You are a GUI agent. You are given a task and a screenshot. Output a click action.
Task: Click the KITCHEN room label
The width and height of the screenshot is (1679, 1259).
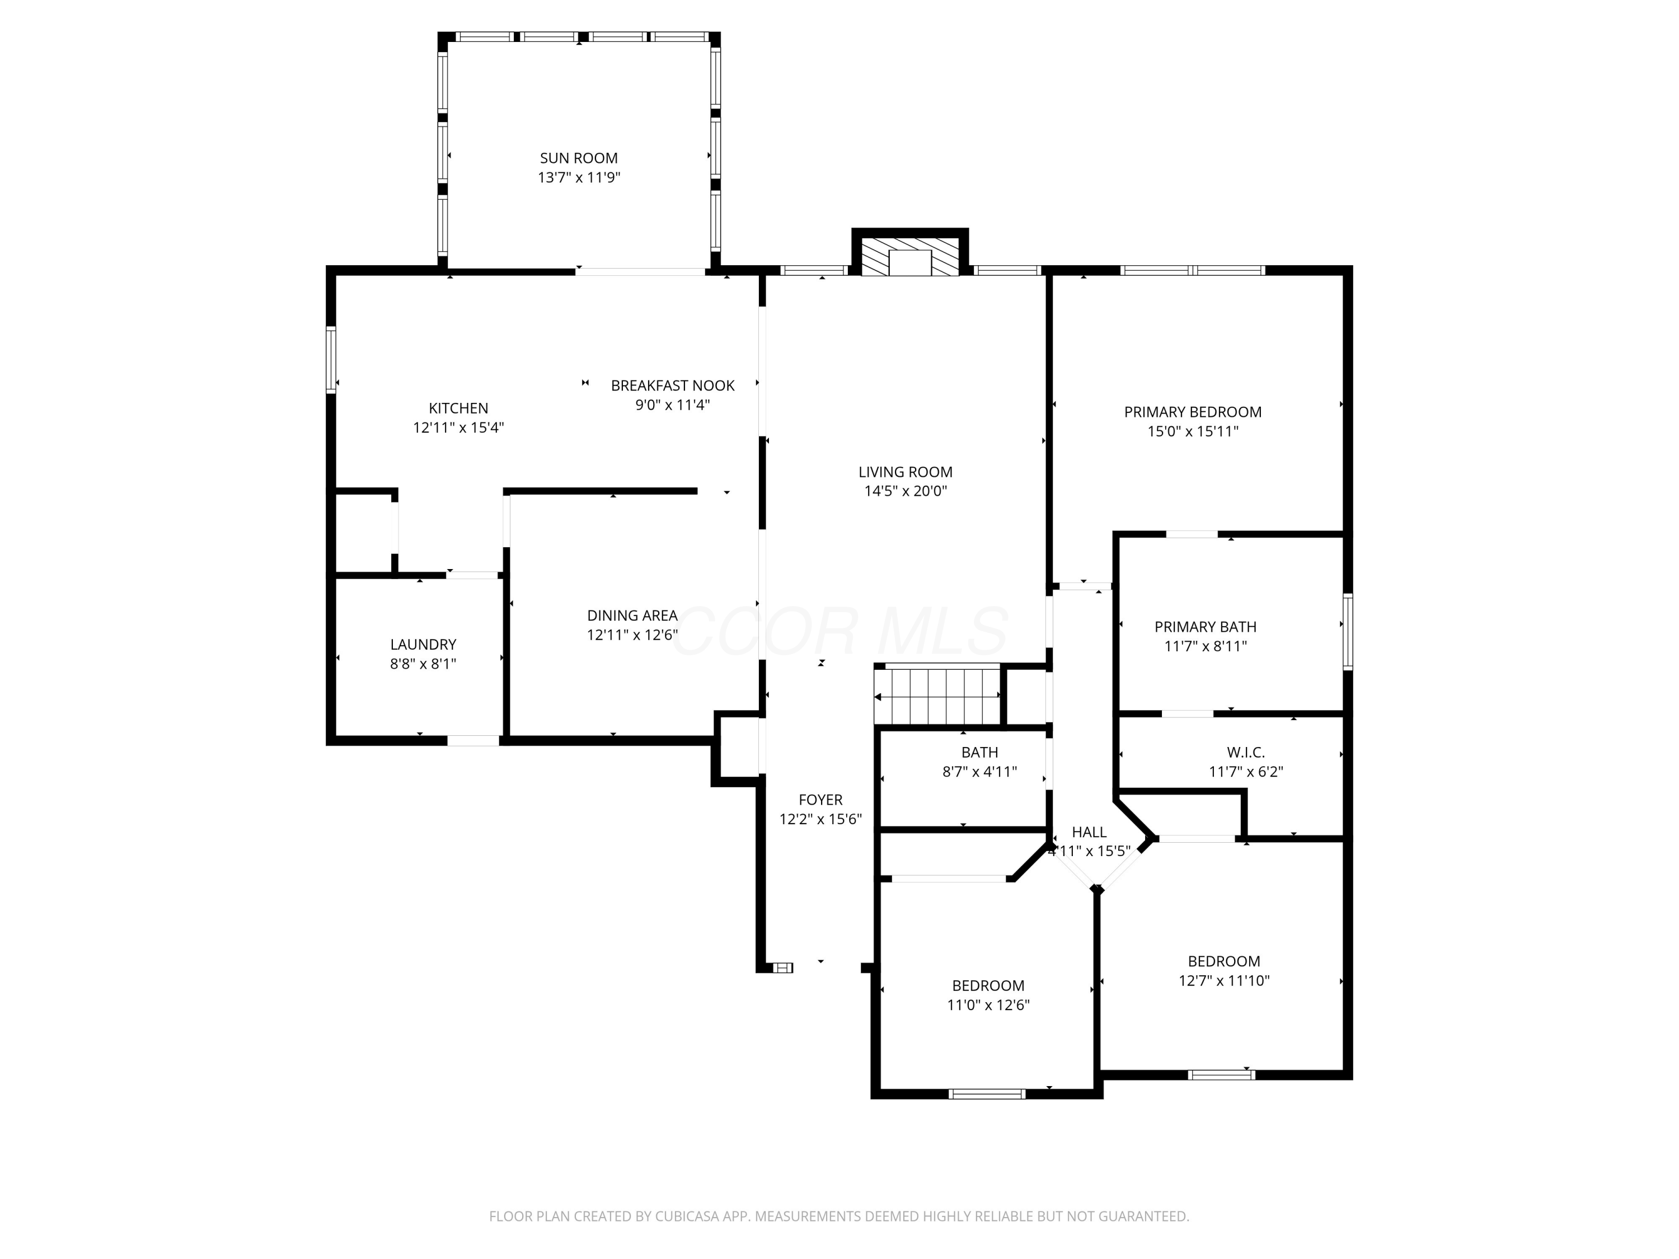[x=458, y=408]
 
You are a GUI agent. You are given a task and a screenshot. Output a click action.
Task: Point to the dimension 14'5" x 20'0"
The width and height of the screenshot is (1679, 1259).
[x=906, y=491]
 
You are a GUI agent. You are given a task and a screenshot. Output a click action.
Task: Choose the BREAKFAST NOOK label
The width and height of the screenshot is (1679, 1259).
[x=673, y=386]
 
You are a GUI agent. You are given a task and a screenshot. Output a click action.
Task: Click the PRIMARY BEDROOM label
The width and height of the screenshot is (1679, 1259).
[x=1193, y=412]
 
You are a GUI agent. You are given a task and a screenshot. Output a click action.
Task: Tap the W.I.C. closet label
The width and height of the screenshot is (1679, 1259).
[x=1246, y=752]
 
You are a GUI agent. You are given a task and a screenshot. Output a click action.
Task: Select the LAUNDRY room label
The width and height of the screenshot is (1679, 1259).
[x=423, y=644]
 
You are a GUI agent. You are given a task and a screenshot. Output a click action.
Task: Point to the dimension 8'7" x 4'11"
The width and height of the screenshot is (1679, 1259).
[x=979, y=772]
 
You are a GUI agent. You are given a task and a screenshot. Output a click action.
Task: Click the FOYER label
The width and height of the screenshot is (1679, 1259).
[x=820, y=800]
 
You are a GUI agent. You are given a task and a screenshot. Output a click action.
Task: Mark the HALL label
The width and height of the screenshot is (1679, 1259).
[x=1089, y=833]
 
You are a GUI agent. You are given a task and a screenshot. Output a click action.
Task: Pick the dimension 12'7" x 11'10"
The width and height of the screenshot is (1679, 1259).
[x=1223, y=980]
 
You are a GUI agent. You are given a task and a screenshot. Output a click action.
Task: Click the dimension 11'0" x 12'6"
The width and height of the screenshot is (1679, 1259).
[x=988, y=1006]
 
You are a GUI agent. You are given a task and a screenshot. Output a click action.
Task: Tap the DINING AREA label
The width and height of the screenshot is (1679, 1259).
[x=632, y=616]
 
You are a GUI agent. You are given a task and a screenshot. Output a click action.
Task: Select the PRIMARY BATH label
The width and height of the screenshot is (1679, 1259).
[x=1206, y=627]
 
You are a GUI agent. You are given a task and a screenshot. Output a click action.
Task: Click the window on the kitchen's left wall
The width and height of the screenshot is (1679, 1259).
[x=331, y=360]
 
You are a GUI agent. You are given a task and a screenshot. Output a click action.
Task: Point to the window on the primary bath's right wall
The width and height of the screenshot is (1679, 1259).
[x=1348, y=631]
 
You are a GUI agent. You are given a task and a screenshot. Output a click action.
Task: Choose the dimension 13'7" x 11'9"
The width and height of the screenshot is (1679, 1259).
[x=579, y=177]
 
